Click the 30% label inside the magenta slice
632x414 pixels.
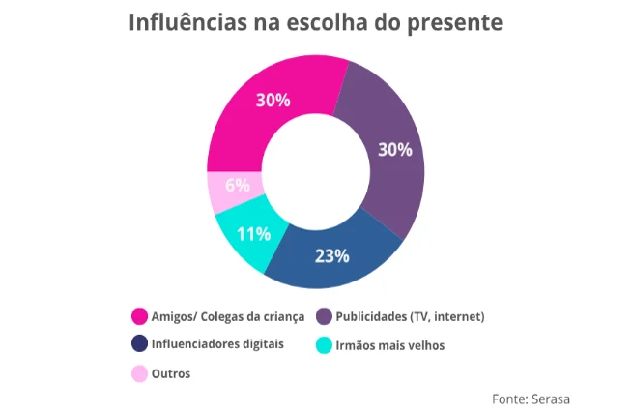[x=273, y=100]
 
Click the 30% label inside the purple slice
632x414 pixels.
[x=394, y=150]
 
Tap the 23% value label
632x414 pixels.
[x=331, y=256]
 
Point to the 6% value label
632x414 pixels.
[x=238, y=185]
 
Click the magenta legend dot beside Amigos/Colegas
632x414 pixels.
[x=139, y=316]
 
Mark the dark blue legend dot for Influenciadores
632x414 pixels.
[x=139, y=343]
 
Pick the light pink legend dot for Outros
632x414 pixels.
[x=139, y=372]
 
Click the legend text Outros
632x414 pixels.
[x=171, y=372]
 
